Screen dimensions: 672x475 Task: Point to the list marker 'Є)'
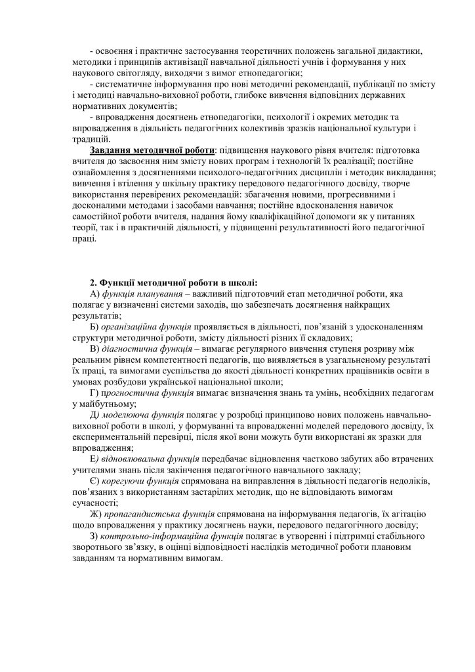[x=95, y=481]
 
